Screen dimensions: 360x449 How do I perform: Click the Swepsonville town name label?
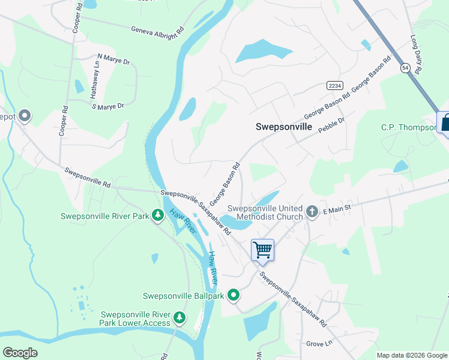point(284,127)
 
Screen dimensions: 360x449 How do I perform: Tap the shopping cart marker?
point(262,250)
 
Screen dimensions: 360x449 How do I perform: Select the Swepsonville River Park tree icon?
point(158,215)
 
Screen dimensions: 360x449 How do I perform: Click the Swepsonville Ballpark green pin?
point(234,295)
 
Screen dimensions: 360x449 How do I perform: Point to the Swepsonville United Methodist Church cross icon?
point(312,211)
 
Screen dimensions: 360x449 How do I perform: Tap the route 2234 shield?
point(335,86)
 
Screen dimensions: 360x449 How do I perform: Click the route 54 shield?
point(406,69)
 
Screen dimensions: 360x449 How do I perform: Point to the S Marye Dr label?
point(107,106)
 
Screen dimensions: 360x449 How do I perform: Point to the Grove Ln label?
point(319,344)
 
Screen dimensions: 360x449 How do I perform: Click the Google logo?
point(20,353)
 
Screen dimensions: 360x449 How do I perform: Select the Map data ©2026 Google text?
point(411,355)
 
